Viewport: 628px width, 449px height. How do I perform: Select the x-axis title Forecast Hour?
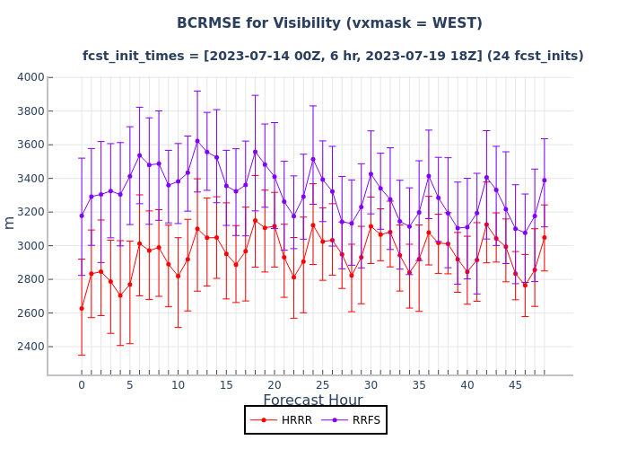click(x=312, y=401)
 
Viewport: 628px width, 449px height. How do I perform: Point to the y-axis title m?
click(x=10, y=222)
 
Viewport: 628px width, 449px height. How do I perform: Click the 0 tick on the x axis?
click(x=82, y=385)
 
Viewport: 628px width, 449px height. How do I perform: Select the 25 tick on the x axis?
click(x=323, y=385)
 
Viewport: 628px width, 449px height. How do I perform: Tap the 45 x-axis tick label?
click(x=516, y=385)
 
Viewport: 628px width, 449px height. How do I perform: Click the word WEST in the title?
click(x=452, y=23)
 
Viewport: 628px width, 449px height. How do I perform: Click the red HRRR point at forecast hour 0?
click(x=82, y=308)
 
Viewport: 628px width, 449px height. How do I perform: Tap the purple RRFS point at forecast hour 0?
click(x=82, y=216)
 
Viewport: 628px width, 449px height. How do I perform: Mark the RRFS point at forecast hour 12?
click(x=197, y=141)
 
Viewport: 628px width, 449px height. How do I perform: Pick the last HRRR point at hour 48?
click(x=545, y=237)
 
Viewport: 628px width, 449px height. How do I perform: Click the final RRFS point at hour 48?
click(x=545, y=180)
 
